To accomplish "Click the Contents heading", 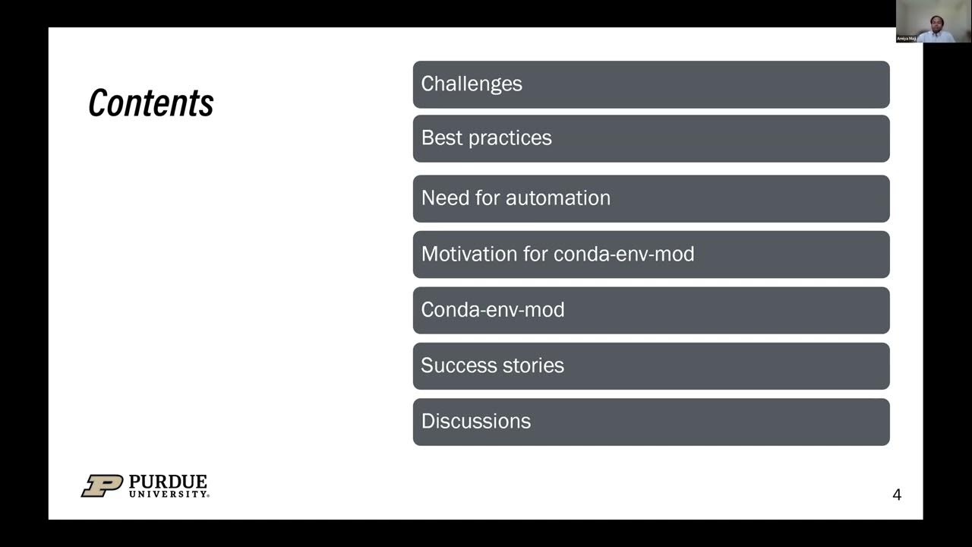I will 151,103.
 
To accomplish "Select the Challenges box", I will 651,84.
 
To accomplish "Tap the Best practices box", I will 651,138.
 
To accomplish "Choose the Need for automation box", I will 651,198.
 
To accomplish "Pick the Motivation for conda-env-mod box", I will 651,255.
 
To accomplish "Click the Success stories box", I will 651,366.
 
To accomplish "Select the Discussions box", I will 651,422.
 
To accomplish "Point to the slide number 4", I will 897,495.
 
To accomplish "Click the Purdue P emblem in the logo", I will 102,486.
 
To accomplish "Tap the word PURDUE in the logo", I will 168,482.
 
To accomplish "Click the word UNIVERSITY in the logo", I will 168,495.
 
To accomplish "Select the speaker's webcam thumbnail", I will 933,21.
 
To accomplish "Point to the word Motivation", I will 469,254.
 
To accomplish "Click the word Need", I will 444,198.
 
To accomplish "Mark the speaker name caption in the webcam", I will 907,38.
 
